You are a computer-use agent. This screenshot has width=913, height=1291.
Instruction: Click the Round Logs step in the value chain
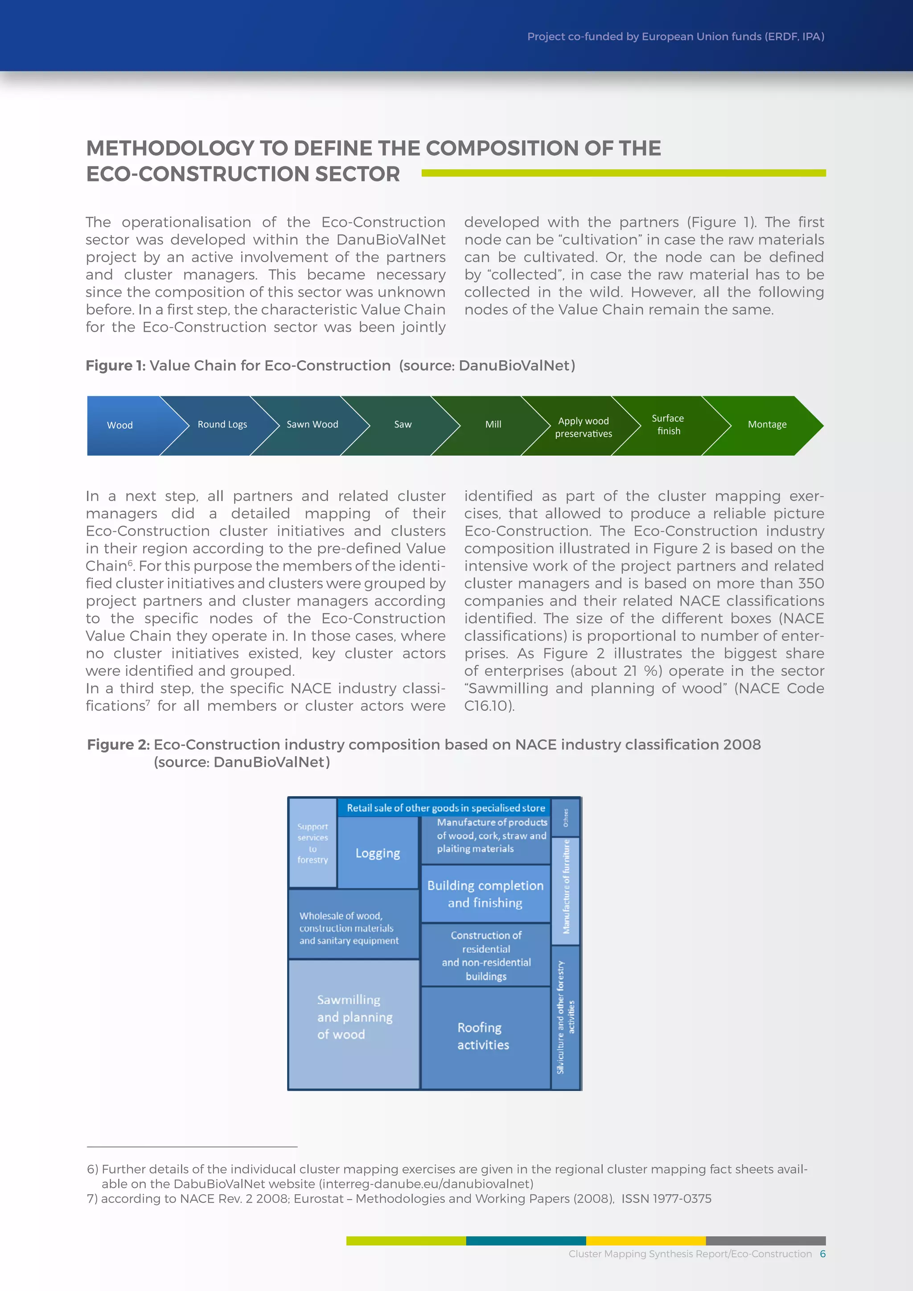coord(222,424)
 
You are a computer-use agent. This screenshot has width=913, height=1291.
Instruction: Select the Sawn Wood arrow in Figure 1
coord(313,424)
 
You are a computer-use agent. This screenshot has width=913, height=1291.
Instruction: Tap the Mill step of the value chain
coord(493,424)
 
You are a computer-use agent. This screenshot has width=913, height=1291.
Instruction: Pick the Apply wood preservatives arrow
coord(584,428)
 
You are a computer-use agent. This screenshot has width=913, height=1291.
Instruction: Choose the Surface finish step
coord(668,424)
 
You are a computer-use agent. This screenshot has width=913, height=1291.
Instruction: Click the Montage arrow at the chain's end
coord(767,424)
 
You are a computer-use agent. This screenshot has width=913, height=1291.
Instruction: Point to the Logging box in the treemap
coord(378,853)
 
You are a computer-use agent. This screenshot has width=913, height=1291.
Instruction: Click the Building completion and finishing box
coord(485,894)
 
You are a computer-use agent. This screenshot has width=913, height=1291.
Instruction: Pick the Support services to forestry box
coord(313,843)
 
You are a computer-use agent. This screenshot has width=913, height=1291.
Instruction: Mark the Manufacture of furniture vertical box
coord(566,886)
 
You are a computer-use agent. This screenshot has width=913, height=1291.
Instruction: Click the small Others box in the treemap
coord(566,817)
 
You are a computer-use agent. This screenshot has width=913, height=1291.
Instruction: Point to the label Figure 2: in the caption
coord(118,744)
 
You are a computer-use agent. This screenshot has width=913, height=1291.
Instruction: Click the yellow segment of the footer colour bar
coord(646,1240)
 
